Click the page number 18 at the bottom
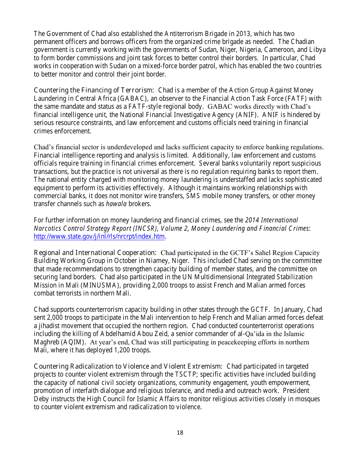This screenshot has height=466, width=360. coord(180,433)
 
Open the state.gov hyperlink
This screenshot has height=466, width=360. coord(99,237)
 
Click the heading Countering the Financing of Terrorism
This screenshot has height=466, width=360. coord(94,90)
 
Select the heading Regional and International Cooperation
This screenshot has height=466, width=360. coord(95,253)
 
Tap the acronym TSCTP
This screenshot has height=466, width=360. coord(185,375)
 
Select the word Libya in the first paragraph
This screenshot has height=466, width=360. coord(317,50)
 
